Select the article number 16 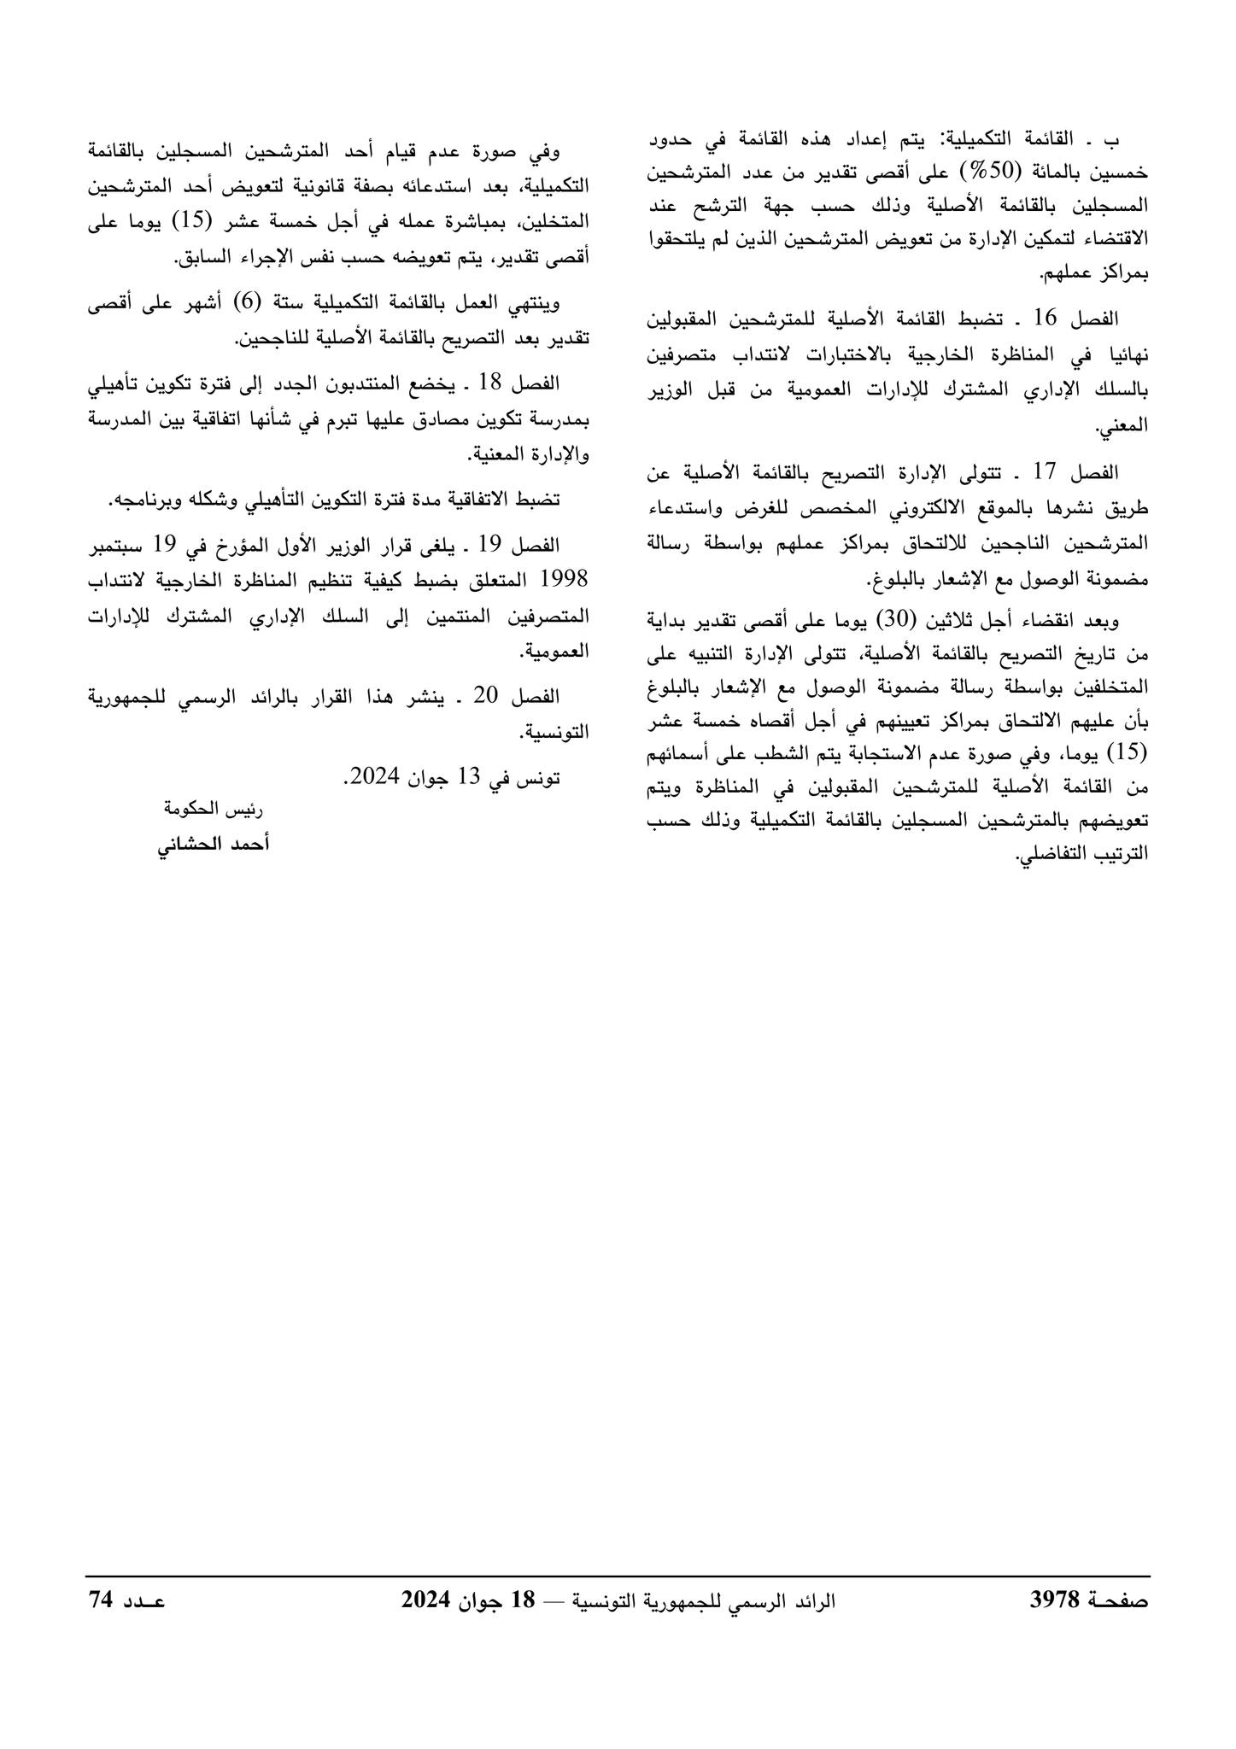pyautogui.click(x=1046, y=319)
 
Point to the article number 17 pyautogui.click(x=1046, y=471)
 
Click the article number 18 pyautogui.click(x=491, y=383)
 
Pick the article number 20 pyautogui.click(x=492, y=695)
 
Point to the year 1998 pyautogui.click(x=565, y=579)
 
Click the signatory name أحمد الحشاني pyautogui.click(x=214, y=844)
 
